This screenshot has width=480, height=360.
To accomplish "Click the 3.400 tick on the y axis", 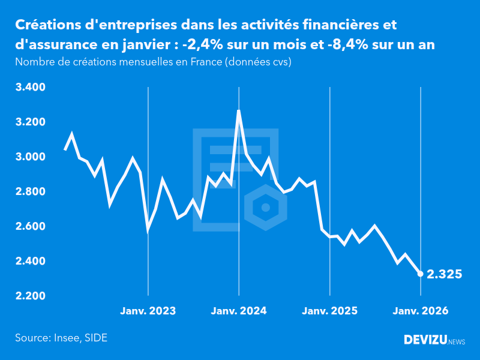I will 30,88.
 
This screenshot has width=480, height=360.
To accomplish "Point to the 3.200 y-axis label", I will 30,122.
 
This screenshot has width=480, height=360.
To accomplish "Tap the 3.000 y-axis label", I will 30,157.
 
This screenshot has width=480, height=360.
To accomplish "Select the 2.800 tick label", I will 30,192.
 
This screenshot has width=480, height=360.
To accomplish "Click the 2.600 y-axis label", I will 30,227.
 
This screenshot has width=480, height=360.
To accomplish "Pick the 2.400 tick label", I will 30,262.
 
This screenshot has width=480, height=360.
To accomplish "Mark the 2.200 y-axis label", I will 30,296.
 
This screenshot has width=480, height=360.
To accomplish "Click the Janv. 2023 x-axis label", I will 148,311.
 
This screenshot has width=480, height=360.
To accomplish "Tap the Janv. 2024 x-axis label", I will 239,311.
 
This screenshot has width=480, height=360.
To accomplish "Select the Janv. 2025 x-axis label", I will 329,311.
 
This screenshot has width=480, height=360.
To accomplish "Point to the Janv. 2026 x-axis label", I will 420,311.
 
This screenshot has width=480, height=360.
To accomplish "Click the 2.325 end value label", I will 445,275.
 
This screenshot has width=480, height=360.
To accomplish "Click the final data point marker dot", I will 421,274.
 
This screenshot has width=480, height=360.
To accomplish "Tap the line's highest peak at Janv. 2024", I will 239,111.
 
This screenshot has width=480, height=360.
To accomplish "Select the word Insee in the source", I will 66,338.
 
